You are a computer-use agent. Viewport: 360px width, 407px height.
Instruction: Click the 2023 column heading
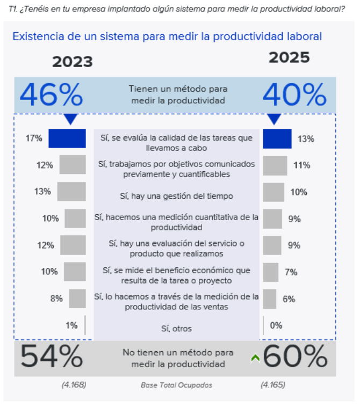coord(72,62)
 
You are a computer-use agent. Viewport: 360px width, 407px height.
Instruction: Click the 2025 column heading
coord(289,58)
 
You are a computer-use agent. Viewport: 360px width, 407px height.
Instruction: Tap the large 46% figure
coord(52,95)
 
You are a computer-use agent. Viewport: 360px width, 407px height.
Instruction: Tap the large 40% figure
coord(294,95)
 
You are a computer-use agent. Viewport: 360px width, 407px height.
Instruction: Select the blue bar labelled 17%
coord(67,139)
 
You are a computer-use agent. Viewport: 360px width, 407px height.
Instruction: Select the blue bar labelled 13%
coord(277,139)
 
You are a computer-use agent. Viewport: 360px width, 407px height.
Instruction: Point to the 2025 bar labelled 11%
coord(275,165)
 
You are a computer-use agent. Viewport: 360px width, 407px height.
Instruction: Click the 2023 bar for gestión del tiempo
coord(71,192)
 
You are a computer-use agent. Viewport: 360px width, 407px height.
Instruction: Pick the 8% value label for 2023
coord(56,299)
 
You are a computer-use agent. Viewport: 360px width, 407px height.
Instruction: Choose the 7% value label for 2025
coord(291,272)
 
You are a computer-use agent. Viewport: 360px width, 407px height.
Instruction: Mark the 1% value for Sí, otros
coord(71,325)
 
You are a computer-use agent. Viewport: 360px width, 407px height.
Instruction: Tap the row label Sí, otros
coord(176,329)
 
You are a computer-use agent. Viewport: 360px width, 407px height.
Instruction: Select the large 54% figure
coord(52,357)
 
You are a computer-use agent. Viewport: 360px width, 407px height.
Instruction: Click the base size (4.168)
coord(74,385)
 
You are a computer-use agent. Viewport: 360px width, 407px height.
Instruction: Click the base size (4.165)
coord(272,385)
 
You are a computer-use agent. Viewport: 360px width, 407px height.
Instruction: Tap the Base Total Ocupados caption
coord(176,385)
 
